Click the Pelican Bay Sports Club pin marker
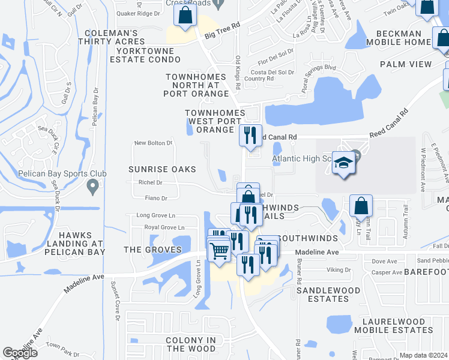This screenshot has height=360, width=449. (92, 187)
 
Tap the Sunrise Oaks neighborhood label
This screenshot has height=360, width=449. (154, 170)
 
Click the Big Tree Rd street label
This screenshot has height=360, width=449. (222, 31)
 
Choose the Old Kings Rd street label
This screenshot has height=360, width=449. (238, 73)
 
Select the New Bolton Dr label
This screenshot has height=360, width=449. (153, 143)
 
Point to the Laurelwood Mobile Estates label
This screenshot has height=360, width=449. (393, 325)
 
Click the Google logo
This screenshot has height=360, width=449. (20, 353)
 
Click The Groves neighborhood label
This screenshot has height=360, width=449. (152, 250)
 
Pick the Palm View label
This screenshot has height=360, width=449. (405, 64)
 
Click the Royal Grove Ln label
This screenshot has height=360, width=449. (164, 227)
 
